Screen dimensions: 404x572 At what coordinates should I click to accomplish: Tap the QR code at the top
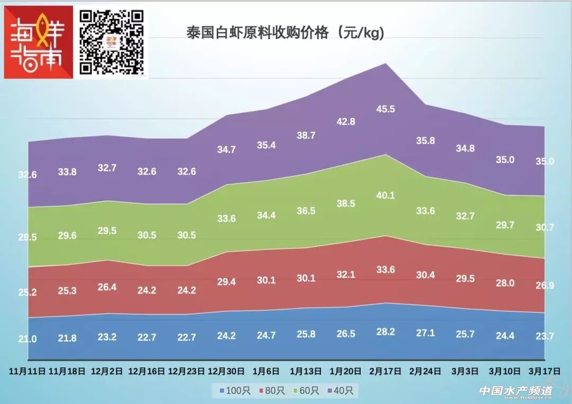[112, 42]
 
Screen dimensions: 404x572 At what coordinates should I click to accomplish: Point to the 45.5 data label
[385, 109]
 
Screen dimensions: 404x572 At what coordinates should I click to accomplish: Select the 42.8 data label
[345, 121]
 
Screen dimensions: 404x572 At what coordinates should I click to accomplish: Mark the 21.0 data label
[28, 339]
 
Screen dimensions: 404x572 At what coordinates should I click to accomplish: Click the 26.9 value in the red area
[544, 286]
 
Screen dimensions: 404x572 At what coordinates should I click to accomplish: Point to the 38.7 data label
[306, 136]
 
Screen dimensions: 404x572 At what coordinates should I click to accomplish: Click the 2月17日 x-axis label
[385, 371]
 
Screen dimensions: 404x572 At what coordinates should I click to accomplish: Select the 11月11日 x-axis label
[28, 371]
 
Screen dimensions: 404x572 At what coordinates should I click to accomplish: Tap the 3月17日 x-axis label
[544, 371]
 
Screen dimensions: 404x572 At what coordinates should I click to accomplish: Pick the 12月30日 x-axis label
[226, 371]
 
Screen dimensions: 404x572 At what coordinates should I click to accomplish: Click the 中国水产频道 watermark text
[515, 391]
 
